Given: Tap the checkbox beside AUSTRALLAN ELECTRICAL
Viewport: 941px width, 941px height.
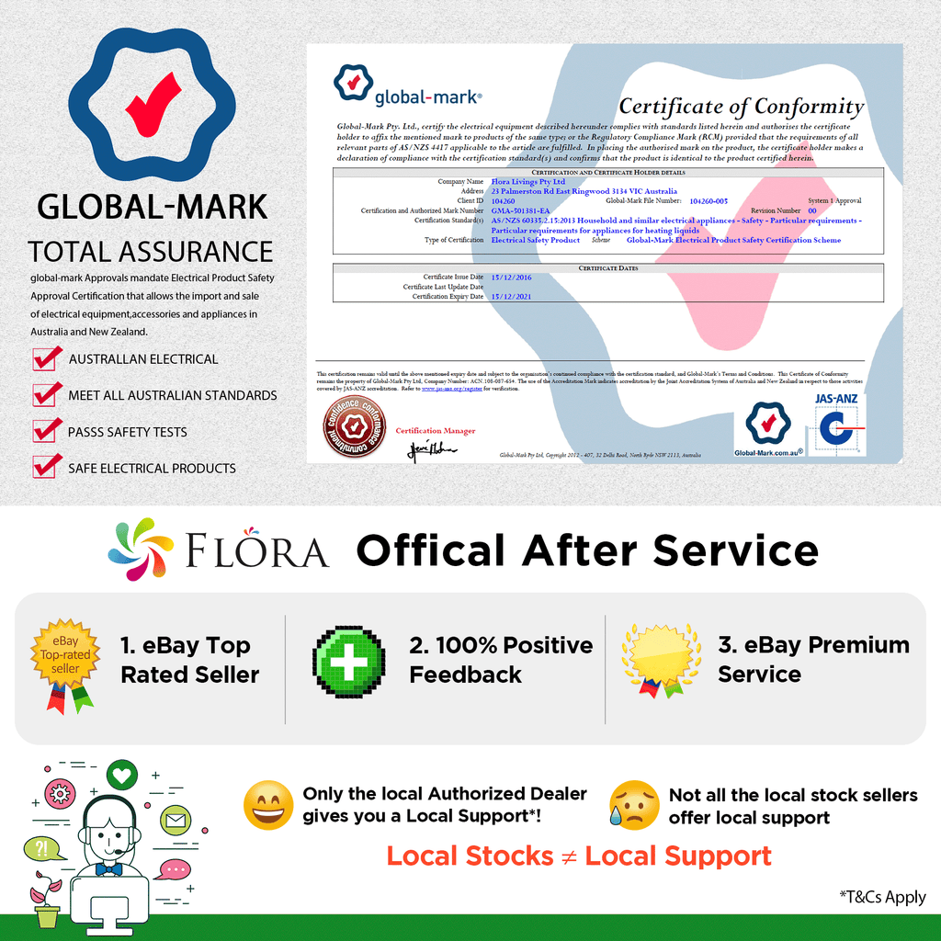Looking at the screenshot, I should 47,358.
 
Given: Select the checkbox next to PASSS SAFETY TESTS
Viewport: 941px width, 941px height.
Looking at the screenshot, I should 47,431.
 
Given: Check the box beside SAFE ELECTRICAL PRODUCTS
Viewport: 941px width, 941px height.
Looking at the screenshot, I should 47,467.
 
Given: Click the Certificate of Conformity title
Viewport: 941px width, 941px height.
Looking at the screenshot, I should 741,108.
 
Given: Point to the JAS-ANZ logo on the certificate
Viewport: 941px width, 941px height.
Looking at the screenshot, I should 840,424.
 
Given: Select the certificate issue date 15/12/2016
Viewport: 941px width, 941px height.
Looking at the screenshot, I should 512,277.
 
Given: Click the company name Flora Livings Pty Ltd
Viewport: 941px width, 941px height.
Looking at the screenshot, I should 528,182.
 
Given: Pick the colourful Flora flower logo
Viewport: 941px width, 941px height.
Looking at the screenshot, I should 140,550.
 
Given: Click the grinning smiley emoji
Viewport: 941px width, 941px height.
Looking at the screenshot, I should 268,805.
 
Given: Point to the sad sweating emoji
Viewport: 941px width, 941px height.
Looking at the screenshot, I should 634,805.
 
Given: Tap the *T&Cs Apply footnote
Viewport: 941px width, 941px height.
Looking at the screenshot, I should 882,897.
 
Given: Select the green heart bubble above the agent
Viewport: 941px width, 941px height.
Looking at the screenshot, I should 120,775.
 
